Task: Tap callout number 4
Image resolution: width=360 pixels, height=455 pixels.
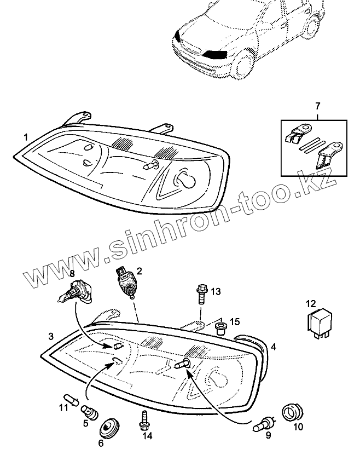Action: (273, 346)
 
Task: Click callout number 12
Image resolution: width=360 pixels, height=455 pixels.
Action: (311, 303)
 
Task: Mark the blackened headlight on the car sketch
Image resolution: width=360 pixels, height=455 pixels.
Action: (214, 54)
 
